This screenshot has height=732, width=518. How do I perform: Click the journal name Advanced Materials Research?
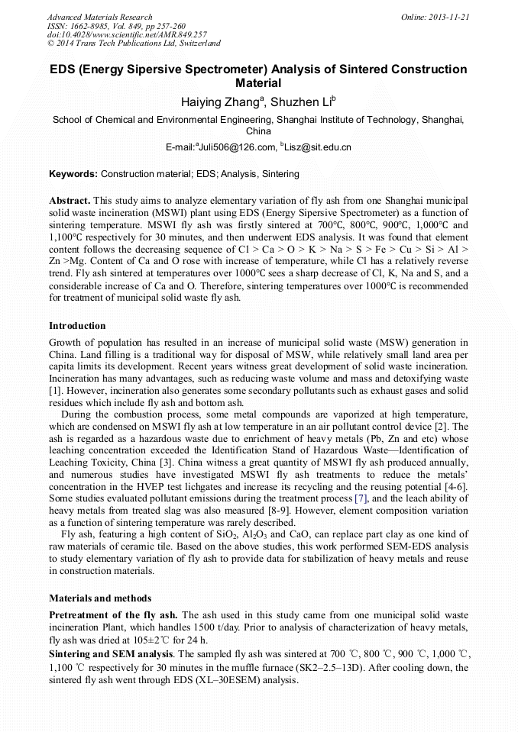coord(99,17)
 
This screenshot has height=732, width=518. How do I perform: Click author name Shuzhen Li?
coord(303,102)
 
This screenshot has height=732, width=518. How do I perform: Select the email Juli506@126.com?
coord(237,147)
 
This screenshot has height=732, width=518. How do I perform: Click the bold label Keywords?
coord(73,174)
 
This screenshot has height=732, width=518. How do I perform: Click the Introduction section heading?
coord(77,326)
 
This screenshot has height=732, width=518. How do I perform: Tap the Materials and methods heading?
coord(100,598)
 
